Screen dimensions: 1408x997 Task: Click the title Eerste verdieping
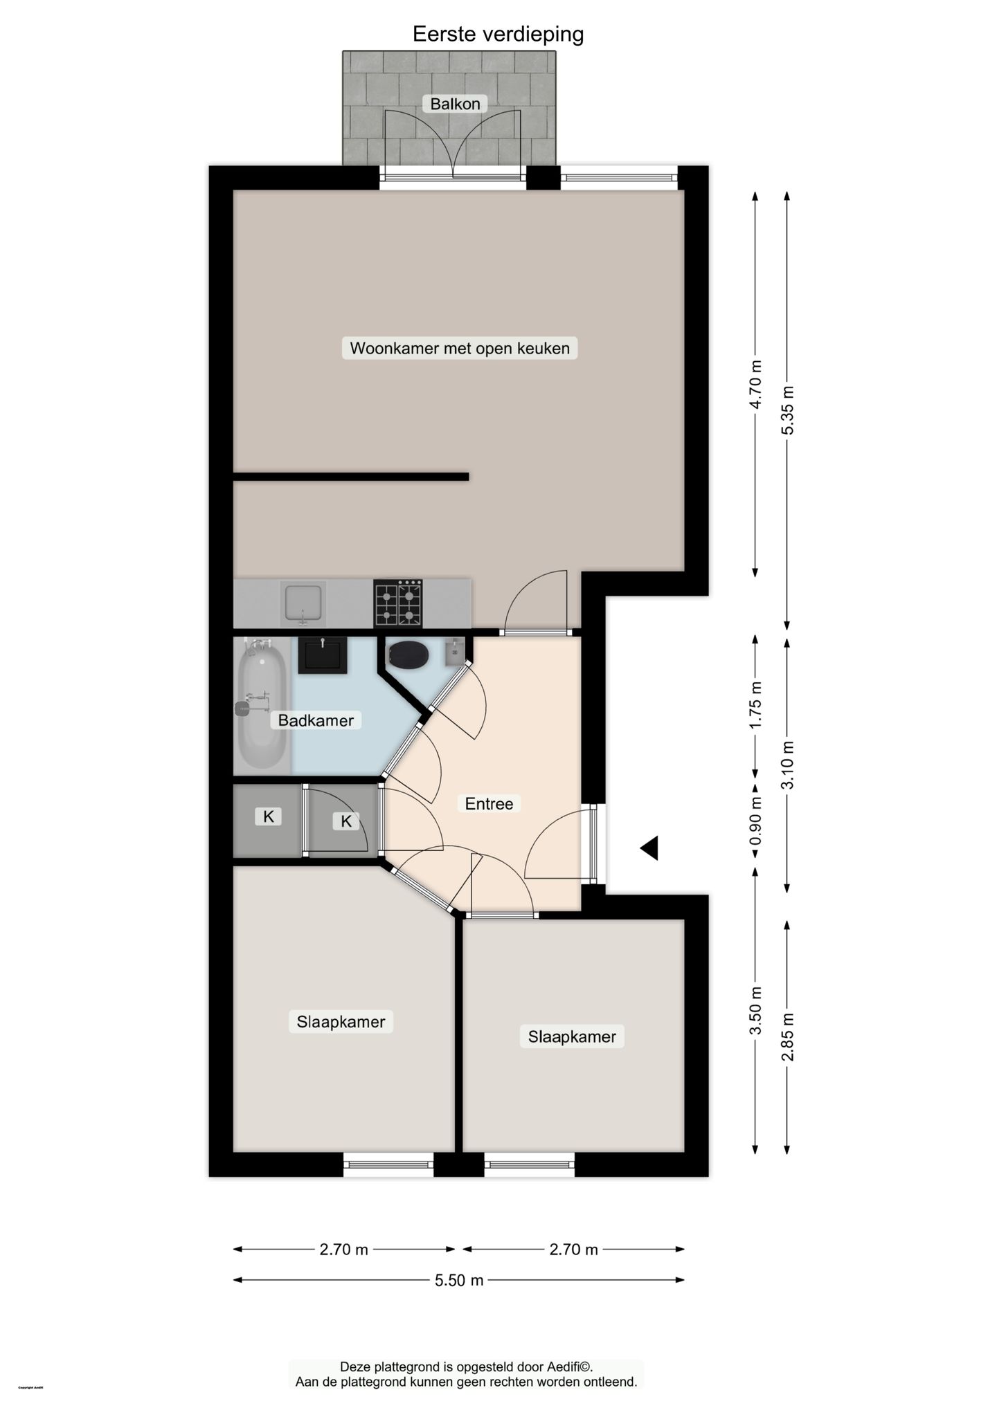(498, 34)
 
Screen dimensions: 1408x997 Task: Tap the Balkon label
(455, 104)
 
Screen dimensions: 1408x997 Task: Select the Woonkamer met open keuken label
(459, 348)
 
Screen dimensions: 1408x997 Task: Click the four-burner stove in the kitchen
(398, 603)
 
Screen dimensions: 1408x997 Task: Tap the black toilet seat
(408, 654)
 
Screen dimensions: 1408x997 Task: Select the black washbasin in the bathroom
(322, 655)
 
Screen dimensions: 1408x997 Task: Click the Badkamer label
(316, 720)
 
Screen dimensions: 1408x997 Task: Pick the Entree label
(489, 803)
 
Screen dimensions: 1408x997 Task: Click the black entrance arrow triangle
(649, 848)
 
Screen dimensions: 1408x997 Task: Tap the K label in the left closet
(269, 816)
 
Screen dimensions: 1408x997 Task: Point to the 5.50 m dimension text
(458, 1280)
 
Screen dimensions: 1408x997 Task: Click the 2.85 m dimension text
(787, 1036)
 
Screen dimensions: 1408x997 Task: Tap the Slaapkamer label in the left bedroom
(341, 1021)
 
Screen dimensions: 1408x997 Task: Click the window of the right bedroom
(529, 1164)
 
